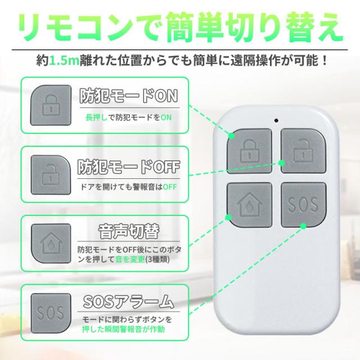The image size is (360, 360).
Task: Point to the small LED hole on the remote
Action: pyautogui.click(x=276, y=119)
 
